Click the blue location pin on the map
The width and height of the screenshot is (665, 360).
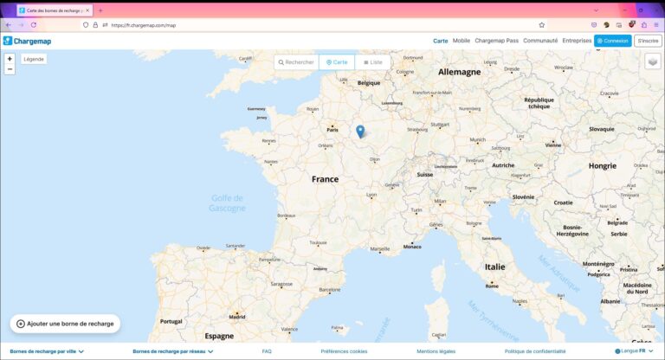pos(360,132)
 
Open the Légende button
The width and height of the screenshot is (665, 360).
pos(34,59)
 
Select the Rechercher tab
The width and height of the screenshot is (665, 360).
pos(296,62)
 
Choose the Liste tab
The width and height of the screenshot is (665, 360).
pos(373,62)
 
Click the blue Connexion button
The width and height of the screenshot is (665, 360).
pos(612,41)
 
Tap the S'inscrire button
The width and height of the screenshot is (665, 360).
pos(648,41)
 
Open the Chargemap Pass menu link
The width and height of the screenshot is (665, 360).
pos(496,41)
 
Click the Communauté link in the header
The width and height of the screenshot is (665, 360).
pos(540,41)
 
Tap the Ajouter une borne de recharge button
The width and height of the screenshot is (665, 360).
pos(65,324)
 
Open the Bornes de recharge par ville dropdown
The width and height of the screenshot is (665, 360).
pos(46,351)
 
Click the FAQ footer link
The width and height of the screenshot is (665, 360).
pos(267,351)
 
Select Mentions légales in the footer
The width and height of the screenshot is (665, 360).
pos(436,351)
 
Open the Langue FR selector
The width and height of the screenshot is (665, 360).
pos(634,351)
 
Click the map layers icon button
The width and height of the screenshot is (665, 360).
pos(652,61)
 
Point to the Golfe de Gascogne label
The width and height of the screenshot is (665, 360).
pos(227,202)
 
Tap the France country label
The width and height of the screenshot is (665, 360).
pos(326,179)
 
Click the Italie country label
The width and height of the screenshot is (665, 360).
pos(494,267)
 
